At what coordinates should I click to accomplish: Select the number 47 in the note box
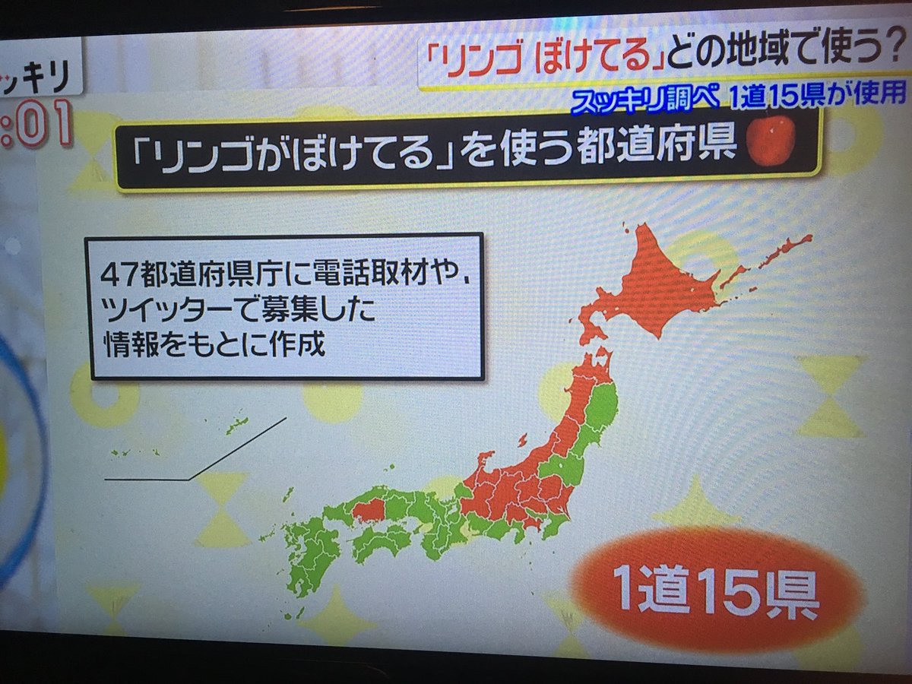(120, 274)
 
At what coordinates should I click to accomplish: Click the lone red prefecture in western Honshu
(369, 510)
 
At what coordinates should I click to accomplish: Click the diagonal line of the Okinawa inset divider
(238, 448)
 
